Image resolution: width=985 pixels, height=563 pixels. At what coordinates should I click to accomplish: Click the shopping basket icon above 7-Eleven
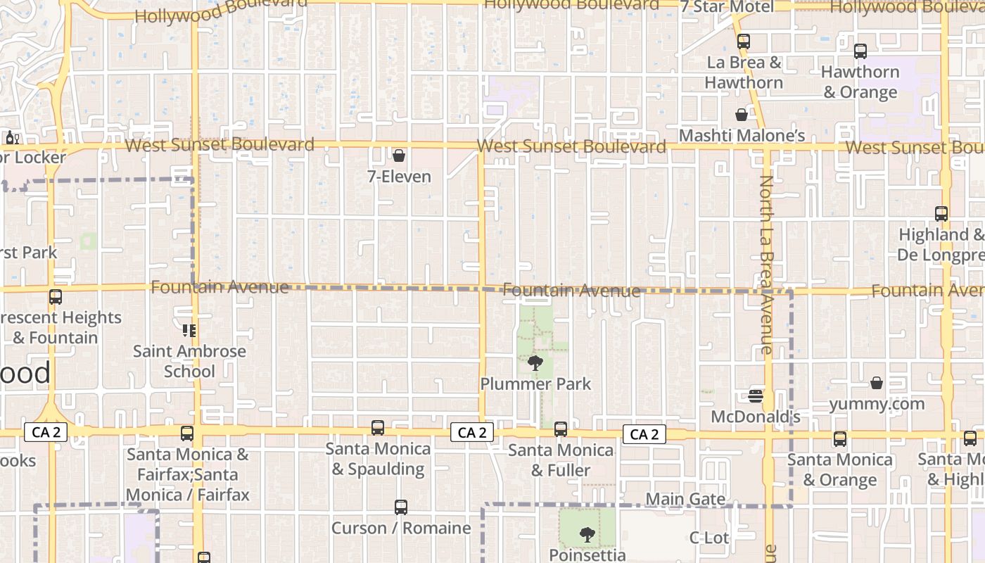pyautogui.click(x=399, y=156)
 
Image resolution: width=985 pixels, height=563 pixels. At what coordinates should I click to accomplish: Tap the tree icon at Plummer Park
pyautogui.click(x=535, y=363)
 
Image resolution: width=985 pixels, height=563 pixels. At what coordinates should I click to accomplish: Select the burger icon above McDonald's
pyautogui.click(x=756, y=396)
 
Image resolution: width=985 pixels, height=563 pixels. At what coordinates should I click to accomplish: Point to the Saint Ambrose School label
pyautogui.click(x=189, y=361)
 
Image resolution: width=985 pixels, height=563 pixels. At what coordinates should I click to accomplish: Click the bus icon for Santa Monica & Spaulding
pyautogui.click(x=378, y=428)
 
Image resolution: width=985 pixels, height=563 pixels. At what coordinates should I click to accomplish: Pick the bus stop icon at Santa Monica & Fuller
pyautogui.click(x=561, y=429)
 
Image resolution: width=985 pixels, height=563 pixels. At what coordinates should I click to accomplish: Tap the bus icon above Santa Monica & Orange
pyautogui.click(x=839, y=439)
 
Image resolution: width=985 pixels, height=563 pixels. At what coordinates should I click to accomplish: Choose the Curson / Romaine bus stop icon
pyautogui.click(x=400, y=507)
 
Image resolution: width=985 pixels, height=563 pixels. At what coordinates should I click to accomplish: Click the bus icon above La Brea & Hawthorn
pyautogui.click(x=744, y=42)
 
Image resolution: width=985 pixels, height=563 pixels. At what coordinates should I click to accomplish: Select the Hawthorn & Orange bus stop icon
pyautogui.click(x=860, y=51)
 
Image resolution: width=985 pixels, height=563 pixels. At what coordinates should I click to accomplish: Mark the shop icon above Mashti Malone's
pyautogui.click(x=742, y=115)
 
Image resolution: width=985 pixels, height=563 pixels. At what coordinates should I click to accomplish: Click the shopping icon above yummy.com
pyautogui.click(x=877, y=383)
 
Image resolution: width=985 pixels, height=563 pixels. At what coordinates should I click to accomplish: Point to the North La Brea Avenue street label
pyautogui.click(x=766, y=264)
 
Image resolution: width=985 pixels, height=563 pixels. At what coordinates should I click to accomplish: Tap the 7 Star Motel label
pyautogui.click(x=727, y=7)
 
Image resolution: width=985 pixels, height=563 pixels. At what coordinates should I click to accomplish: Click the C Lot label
pyautogui.click(x=708, y=538)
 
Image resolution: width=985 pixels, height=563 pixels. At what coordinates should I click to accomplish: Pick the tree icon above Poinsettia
pyautogui.click(x=587, y=536)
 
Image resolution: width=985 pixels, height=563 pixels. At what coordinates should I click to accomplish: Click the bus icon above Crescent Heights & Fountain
pyautogui.click(x=56, y=297)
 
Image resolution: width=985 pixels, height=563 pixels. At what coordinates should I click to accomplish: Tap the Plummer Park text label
pyautogui.click(x=535, y=384)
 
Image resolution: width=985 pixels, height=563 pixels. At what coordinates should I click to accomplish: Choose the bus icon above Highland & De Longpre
pyautogui.click(x=941, y=214)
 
